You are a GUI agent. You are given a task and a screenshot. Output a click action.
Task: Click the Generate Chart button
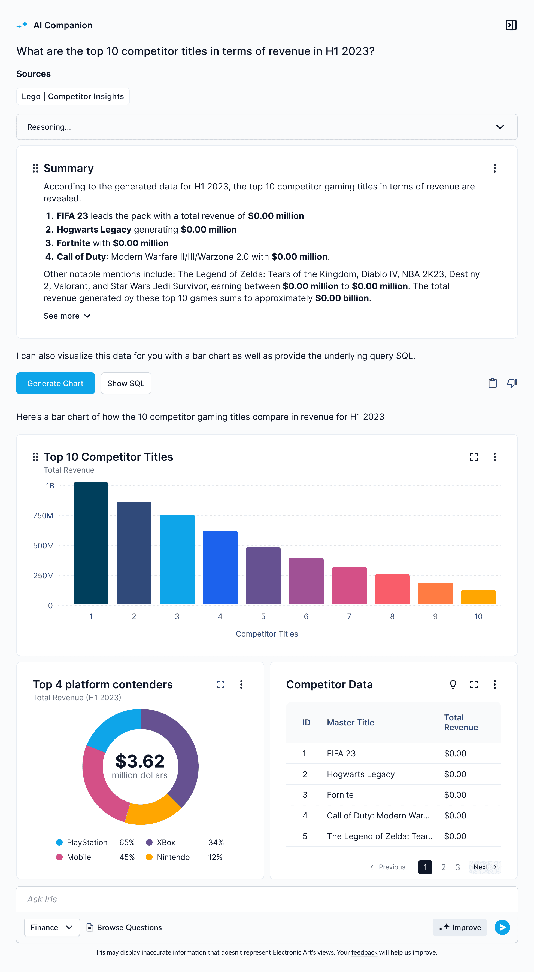(55, 383)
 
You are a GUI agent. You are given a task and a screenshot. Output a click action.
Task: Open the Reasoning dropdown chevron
(500, 127)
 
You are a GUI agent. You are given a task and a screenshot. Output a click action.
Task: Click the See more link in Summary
(67, 316)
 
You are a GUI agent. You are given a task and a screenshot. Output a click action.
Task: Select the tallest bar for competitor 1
(91, 543)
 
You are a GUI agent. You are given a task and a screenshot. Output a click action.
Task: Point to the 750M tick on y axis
(43, 515)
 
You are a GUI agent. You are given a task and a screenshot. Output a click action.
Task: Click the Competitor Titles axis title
(267, 634)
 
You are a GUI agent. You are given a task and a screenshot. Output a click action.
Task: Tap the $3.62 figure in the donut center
(140, 761)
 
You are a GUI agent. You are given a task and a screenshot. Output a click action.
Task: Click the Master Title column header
(350, 722)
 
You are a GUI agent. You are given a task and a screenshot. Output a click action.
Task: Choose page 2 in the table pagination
(443, 867)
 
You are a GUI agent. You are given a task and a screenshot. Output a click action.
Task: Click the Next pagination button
(484, 867)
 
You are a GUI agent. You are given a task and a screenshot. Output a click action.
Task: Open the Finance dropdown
(52, 927)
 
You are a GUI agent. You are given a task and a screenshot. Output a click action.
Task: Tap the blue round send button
(502, 927)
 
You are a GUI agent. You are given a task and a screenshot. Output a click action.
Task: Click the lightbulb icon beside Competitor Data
(453, 684)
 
